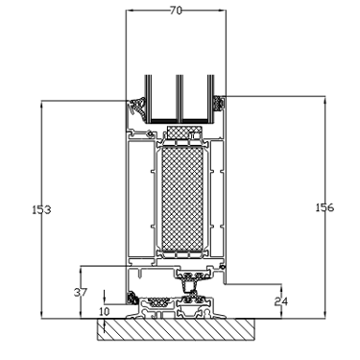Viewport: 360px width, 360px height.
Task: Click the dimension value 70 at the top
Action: pos(176,11)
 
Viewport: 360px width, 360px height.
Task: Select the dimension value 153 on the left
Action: pos(41,210)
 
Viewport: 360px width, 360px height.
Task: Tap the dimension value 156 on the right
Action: pos(324,207)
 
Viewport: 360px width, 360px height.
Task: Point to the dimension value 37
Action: pos(81,292)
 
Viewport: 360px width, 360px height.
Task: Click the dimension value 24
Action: pos(281,301)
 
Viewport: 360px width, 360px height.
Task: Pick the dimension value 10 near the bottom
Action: pos(104,311)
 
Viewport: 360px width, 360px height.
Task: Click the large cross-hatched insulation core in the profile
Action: pos(182,199)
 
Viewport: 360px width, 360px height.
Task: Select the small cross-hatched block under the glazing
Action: pos(184,132)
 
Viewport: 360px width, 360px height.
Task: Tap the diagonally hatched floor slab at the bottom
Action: pos(176,329)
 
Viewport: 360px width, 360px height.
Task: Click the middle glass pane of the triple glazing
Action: pos(180,98)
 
